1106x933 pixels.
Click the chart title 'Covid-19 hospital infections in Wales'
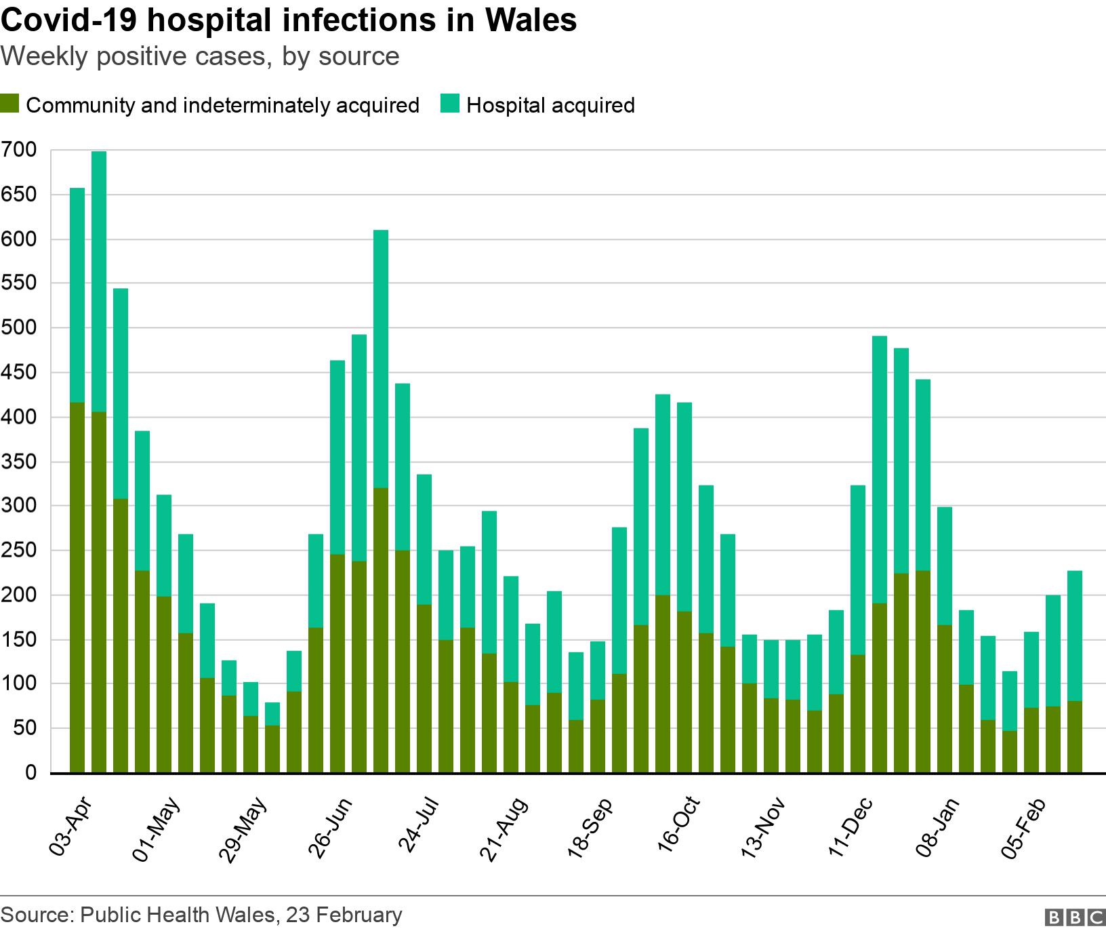pyautogui.click(x=289, y=20)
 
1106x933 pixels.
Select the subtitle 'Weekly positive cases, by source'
pyautogui.click(x=201, y=57)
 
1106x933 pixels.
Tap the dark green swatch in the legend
pyautogui.click(x=9, y=105)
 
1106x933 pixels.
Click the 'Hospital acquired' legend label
pyautogui.click(x=550, y=106)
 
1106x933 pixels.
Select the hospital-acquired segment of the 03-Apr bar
pyautogui.click(x=77, y=295)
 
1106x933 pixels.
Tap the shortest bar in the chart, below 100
pyautogui.click(x=272, y=739)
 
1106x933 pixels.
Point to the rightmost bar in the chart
pyautogui.click(x=1075, y=671)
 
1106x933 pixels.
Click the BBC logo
pyautogui.click(x=1076, y=917)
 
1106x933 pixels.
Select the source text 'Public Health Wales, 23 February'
pyautogui.click(x=241, y=915)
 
